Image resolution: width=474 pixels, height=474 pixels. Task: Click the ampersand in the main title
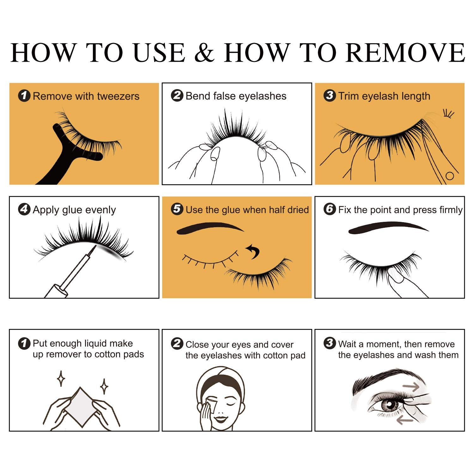[x=204, y=52]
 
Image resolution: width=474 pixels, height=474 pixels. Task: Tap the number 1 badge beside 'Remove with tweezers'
[x=24, y=96]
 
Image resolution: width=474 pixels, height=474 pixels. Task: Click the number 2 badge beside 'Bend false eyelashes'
[x=177, y=95]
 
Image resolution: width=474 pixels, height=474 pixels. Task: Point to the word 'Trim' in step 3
[x=349, y=96]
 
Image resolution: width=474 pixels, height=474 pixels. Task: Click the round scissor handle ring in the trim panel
[x=449, y=176]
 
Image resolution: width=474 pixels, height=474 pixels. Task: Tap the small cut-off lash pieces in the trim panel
[x=448, y=113]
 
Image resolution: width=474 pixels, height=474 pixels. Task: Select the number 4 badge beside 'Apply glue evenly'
[x=24, y=209]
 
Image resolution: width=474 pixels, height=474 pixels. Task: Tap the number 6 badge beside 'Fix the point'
[x=330, y=209]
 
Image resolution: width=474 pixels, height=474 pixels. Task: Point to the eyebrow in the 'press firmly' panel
[x=388, y=228]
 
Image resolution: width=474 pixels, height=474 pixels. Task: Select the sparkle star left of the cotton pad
[x=61, y=379]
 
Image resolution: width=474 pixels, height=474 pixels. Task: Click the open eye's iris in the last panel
[x=390, y=404]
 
